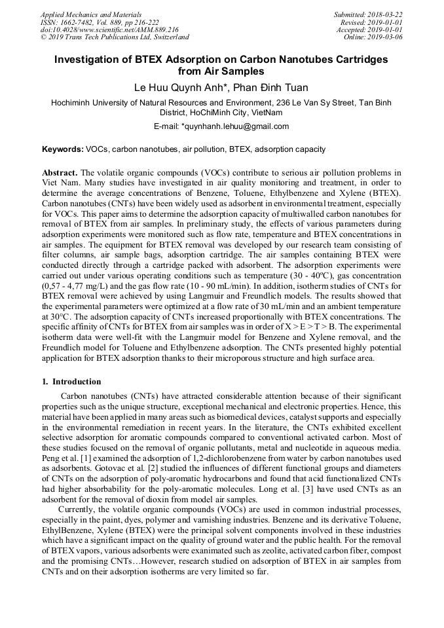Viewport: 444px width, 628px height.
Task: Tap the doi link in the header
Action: point(109,29)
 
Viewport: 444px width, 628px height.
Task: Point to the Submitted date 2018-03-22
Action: point(386,14)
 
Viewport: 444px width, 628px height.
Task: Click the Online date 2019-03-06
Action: point(386,37)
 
